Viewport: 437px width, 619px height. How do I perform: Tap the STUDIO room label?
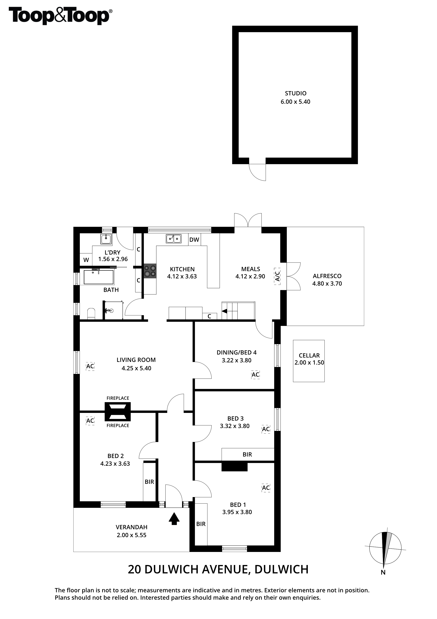(296, 93)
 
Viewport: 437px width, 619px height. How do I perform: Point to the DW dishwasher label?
(194, 240)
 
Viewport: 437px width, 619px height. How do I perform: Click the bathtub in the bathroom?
(99, 277)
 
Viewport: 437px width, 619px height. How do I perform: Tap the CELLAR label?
(309, 355)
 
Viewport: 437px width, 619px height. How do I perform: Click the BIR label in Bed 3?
(247, 455)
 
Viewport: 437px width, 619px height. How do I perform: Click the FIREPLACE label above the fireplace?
(118, 398)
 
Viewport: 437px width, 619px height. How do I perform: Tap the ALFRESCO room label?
(327, 276)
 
